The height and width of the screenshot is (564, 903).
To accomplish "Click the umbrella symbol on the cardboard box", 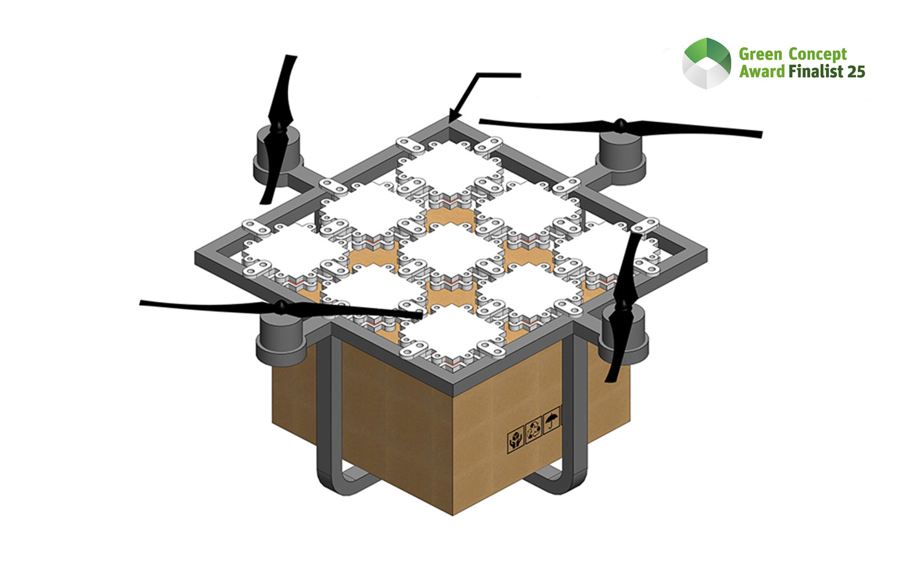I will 552,419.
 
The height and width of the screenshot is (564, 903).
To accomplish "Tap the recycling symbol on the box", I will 534,430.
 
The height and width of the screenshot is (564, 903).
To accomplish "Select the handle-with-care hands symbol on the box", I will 515,440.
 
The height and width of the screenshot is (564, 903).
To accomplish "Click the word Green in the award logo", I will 759,55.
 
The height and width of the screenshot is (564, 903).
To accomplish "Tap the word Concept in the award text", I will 818,55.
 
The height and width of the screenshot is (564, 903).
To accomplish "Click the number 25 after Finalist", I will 856,71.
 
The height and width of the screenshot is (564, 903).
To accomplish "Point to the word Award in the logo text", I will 761,71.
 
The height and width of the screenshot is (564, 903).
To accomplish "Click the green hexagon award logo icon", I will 707,63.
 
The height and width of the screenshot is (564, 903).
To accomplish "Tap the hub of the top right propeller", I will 620,125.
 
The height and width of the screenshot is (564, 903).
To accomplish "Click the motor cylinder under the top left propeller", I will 276,157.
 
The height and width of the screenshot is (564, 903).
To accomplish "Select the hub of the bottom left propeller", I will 281,306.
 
